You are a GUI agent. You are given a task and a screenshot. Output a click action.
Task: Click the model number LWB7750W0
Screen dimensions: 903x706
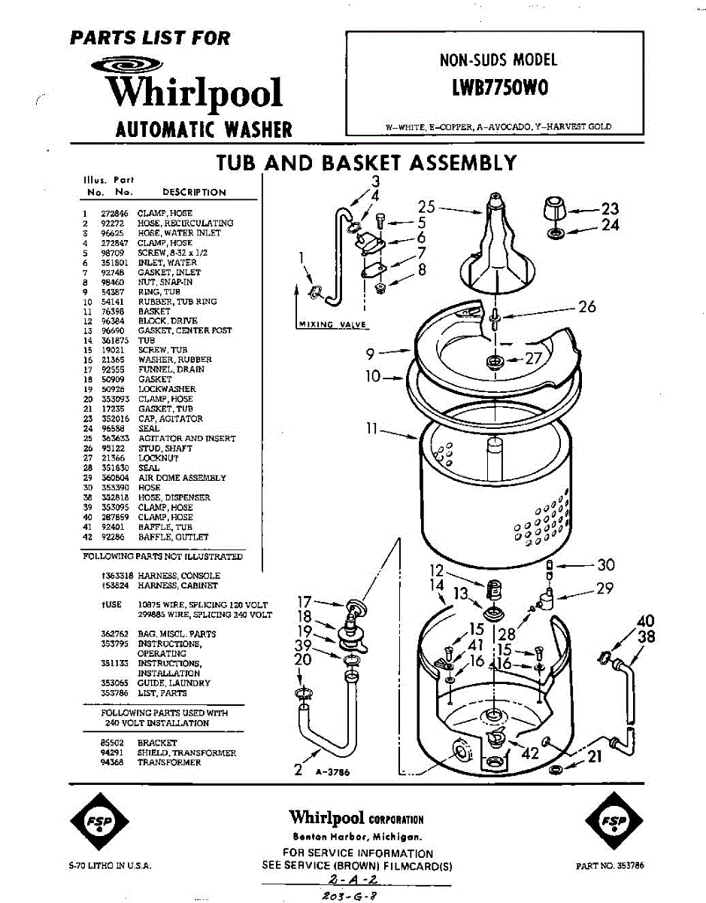[499, 88]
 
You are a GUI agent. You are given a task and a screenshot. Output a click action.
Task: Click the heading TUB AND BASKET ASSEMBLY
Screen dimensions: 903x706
[366, 163]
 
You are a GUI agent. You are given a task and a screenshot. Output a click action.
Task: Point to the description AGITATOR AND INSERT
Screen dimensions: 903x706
[186, 438]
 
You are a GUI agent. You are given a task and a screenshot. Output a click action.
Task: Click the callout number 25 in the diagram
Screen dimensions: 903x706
[426, 207]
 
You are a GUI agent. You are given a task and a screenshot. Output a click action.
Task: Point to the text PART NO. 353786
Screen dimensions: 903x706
[610, 866]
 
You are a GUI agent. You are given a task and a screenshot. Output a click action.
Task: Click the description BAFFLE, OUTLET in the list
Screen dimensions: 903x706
[174, 537]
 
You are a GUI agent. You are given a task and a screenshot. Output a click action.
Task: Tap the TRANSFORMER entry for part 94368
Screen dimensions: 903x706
[169, 762]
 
